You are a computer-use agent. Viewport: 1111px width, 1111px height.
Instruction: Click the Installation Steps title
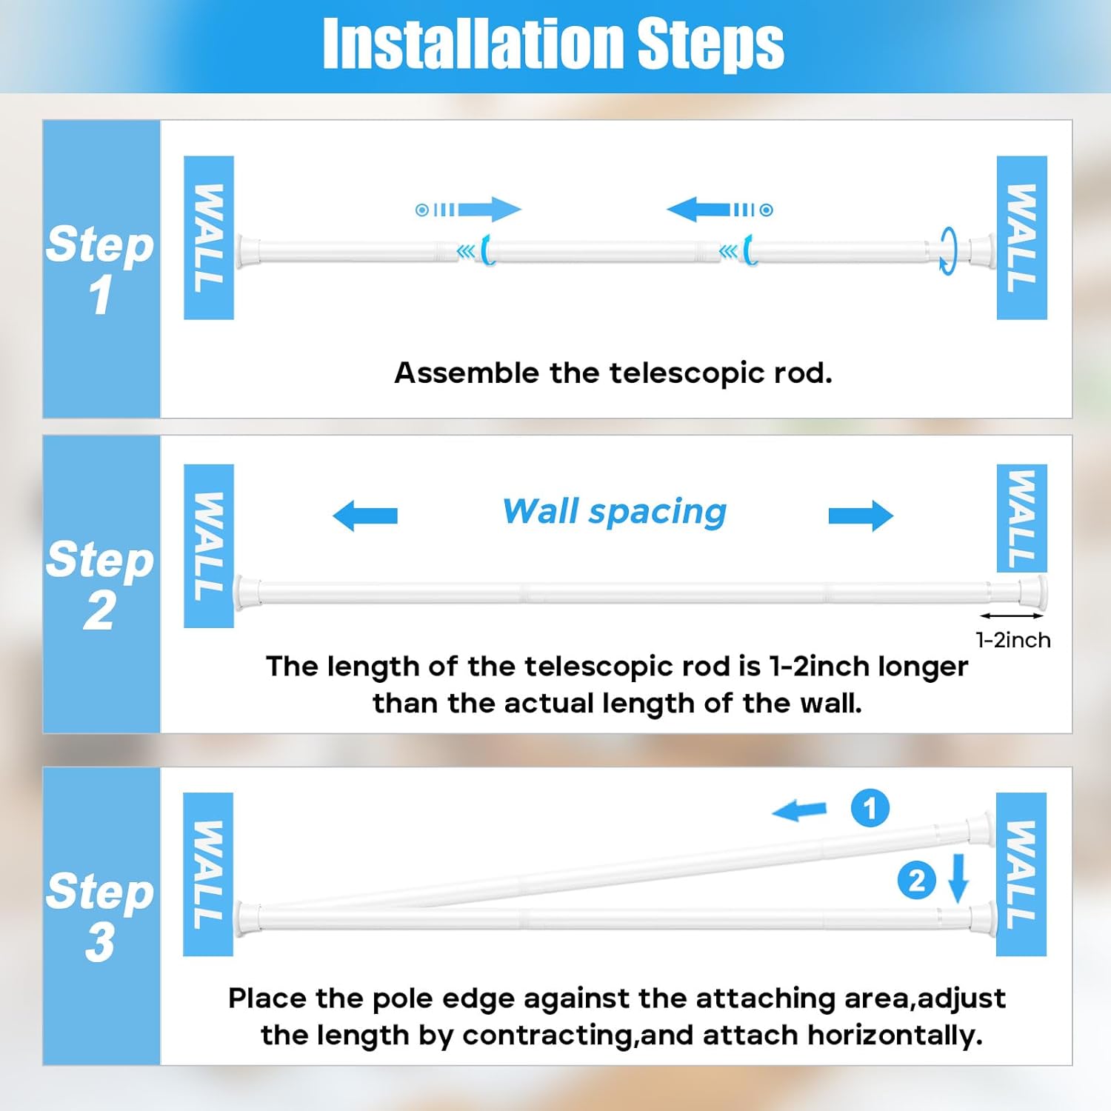click(x=553, y=44)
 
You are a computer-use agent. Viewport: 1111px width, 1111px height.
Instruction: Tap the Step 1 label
click(x=100, y=268)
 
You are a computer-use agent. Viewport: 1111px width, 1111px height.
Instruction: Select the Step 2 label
click(x=100, y=584)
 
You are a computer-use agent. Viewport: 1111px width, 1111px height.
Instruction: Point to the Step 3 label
click(x=100, y=915)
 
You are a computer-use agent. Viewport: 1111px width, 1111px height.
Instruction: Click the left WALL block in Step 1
click(x=209, y=238)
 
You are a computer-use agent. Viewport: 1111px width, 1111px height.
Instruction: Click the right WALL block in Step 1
click(x=1021, y=238)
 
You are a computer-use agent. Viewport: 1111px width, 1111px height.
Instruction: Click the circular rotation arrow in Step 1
click(x=948, y=250)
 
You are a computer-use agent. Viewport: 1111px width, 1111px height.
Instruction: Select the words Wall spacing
click(x=614, y=511)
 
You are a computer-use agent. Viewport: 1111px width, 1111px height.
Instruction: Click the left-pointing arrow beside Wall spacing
click(x=365, y=516)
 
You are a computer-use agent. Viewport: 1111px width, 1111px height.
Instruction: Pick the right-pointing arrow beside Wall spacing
click(x=861, y=516)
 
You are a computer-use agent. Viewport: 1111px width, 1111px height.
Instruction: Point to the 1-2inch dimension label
click(x=1012, y=640)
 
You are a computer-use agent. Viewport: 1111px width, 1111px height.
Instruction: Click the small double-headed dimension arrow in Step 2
click(x=1012, y=615)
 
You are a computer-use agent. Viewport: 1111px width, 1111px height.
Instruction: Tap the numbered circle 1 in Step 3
click(x=870, y=808)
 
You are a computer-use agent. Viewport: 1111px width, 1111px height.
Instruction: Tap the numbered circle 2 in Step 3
click(x=916, y=881)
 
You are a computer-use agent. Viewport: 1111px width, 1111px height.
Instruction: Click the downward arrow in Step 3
click(x=958, y=878)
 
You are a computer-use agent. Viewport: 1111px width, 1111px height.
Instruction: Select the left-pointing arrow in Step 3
click(x=800, y=810)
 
